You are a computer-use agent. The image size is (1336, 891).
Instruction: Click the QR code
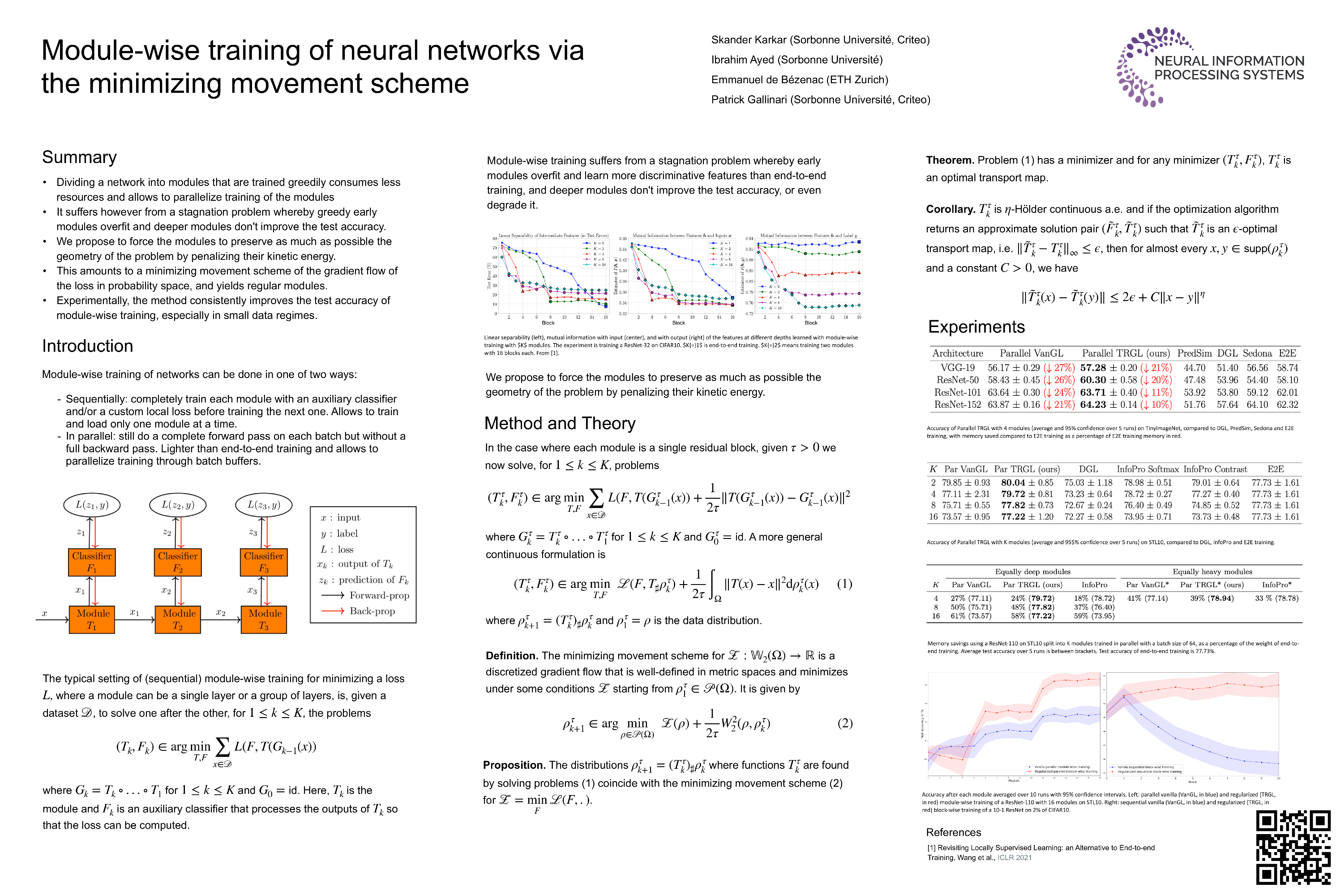[1292, 847]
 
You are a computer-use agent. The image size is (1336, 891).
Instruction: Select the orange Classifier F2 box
[178, 562]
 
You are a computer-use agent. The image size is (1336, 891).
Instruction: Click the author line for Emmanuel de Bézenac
[799, 80]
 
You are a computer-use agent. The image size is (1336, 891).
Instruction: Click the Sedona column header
[1257, 353]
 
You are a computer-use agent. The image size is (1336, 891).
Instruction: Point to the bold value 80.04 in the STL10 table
[1013, 482]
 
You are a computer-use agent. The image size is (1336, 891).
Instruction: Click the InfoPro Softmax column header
[1147, 469]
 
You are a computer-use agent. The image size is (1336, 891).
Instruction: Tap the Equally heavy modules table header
[1212, 572]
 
